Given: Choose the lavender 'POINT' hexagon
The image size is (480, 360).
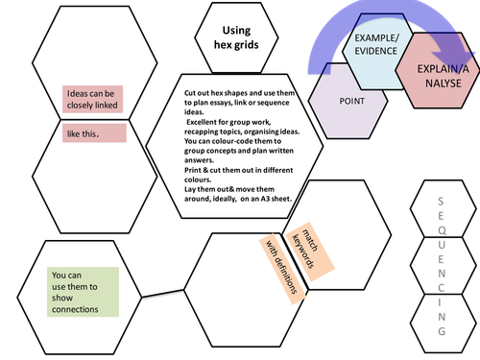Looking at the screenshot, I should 351,100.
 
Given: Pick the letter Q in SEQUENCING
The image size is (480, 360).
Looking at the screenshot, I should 441,229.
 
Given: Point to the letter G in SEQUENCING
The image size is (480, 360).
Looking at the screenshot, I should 441,330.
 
